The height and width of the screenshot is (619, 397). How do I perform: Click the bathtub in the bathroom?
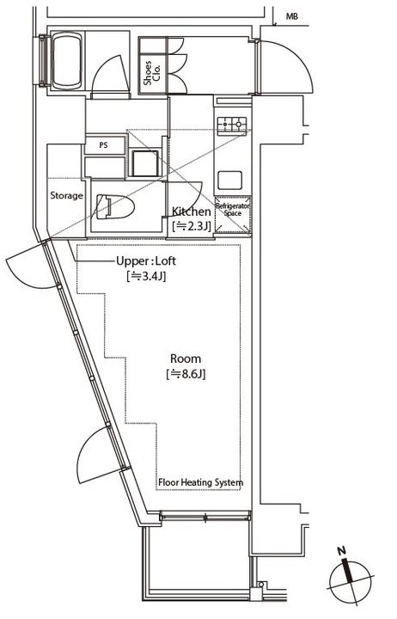click(67, 61)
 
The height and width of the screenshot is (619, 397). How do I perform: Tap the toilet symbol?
click(115, 206)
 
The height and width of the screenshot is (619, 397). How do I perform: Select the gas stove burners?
click(232, 125)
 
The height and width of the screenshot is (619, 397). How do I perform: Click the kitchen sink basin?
click(229, 180)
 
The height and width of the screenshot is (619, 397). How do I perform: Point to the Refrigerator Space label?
click(233, 210)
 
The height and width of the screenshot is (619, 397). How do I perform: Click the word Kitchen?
click(191, 211)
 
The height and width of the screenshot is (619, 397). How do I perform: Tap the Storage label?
click(66, 195)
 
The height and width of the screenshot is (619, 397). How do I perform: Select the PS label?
click(103, 145)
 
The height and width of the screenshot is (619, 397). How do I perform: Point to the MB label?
click(292, 16)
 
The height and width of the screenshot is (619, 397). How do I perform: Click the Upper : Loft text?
click(146, 261)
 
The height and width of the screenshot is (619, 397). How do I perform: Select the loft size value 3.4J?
click(146, 276)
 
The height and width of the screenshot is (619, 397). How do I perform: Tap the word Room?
click(186, 359)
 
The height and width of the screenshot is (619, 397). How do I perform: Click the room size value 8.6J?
click(186, 374)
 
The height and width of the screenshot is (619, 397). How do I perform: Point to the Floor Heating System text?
click(200, 482)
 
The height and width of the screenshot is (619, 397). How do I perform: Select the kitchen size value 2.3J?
click(192, 227)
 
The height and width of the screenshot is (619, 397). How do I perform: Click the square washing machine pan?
click(145, 163)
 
